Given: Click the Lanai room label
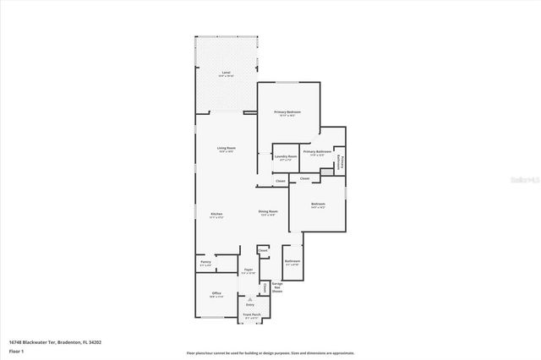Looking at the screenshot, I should [227, 74].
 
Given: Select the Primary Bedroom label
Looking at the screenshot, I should [287, 112].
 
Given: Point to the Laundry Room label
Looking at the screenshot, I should [286, 156].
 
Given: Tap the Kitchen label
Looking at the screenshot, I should [216, 215].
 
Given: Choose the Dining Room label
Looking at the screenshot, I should [269, 213].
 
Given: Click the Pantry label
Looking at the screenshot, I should [205, 263].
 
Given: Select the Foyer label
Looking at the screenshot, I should [248, 271].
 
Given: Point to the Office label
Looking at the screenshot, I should [216, 295].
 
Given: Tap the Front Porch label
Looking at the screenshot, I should [251, 315].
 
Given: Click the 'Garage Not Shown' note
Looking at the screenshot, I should [277, 287].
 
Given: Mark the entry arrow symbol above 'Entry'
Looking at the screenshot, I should [250, 299].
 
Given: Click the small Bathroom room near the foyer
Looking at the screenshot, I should [292, 263].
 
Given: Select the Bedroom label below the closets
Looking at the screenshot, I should [318, 205].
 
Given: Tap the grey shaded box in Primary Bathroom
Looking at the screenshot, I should [326, 172].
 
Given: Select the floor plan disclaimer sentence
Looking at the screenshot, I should [270, 352].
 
